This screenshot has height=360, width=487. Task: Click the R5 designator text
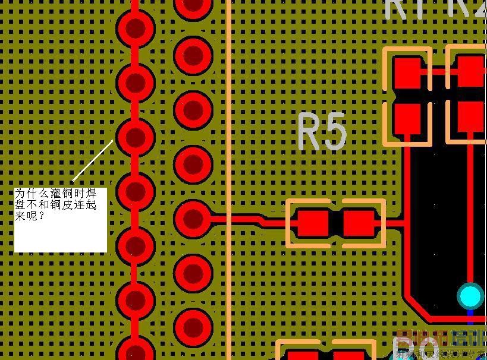point(322,132)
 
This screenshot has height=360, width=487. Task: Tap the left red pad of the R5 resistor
point(312,223)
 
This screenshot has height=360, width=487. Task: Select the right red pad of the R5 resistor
point(359,223)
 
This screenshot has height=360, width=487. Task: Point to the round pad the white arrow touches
point(136,137)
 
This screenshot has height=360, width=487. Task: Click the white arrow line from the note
point(93,160)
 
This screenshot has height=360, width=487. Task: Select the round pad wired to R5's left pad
point(193,218)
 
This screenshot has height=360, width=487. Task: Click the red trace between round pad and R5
point(244,219)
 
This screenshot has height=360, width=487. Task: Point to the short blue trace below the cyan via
point(470,312)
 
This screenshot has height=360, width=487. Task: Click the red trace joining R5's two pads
point(335,223)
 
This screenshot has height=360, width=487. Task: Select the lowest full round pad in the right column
point(193,327)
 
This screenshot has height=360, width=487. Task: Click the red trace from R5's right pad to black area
point(391,223)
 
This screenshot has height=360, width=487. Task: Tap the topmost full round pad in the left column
point(136,27)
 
